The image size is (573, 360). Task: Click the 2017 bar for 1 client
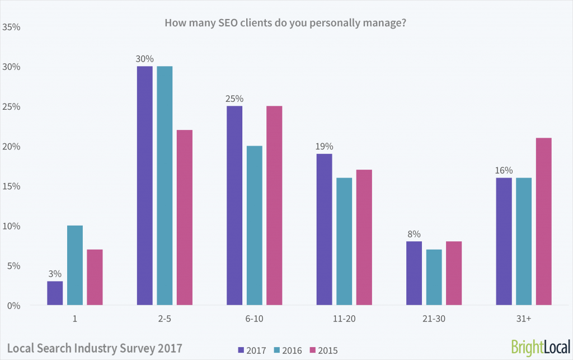55,293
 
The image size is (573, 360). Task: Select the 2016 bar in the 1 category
75,265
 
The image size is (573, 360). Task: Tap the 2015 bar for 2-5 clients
185,218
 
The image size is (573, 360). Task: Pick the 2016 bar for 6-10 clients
254,226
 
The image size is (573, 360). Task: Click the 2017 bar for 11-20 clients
324,230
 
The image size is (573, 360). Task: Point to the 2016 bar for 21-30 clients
434,277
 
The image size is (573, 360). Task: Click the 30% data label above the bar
144,58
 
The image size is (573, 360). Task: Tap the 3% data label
55,274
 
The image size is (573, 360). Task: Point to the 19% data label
324,146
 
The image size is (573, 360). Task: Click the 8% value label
414,234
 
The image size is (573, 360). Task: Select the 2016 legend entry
289,350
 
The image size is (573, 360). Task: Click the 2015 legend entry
325,350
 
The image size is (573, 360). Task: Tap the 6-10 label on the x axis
254,319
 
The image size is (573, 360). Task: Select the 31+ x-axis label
523,319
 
